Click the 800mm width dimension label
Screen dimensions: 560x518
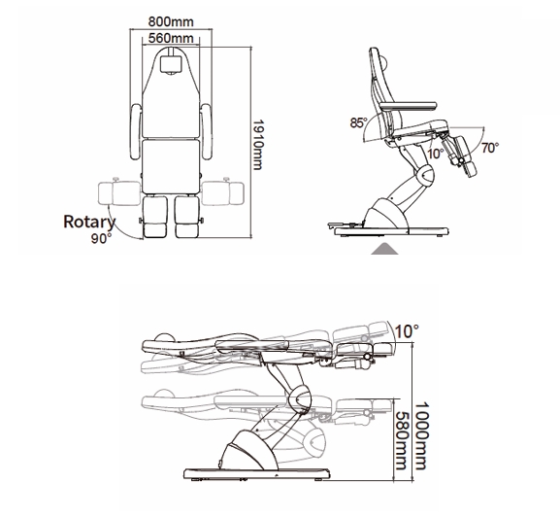[171, 21]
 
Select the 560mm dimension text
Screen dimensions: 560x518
[171, 38]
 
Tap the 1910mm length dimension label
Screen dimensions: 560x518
[258, 145]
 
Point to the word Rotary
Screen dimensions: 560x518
[89, 223]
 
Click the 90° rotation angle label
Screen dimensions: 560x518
[101, 239]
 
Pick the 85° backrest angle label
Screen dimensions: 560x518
[358, 122]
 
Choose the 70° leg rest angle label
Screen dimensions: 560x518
[490, 148]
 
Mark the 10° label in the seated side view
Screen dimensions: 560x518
[436, 154]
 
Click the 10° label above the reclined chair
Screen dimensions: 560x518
[407, 331]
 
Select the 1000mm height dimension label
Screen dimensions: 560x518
[421, 435]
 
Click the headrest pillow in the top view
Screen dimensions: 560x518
[171, 64]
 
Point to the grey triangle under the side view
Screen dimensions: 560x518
[384, 249]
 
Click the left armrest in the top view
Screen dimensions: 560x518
[136, 131]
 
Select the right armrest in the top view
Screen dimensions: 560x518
[207, 131]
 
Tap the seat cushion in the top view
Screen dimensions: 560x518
[171, 166]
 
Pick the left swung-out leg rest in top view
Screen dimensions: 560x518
[119, 193]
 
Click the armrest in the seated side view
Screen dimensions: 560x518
[408, 106]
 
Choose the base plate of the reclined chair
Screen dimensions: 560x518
[256, 474]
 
